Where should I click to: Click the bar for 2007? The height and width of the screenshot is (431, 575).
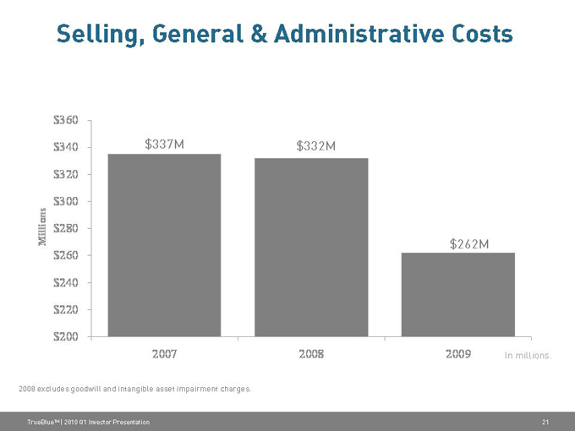point(164,245)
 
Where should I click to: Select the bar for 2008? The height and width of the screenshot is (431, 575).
point(311,247)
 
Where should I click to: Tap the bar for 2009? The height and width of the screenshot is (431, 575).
point(457,294)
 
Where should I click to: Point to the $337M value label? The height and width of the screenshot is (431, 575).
point(165,145)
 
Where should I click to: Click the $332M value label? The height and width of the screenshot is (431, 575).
point(316,146)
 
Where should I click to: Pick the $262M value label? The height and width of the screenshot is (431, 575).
point(469,244)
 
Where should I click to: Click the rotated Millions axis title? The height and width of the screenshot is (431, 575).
point(42,226)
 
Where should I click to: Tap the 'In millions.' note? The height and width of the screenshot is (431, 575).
point(528,356)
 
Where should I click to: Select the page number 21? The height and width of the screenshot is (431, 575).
point(545,421)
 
